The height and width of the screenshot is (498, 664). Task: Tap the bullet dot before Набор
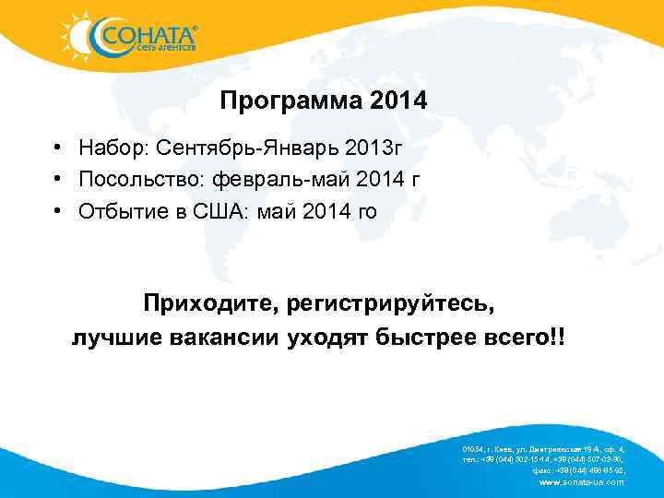pyautogui.click(x=57, y=148)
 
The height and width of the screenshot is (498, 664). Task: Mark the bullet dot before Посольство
pyautogui.click(x=57, y=180)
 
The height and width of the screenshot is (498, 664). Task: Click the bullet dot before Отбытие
pyautogui.click(x=57, y=212)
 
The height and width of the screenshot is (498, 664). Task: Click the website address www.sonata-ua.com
pyautogui.click(x=580, y=482)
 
